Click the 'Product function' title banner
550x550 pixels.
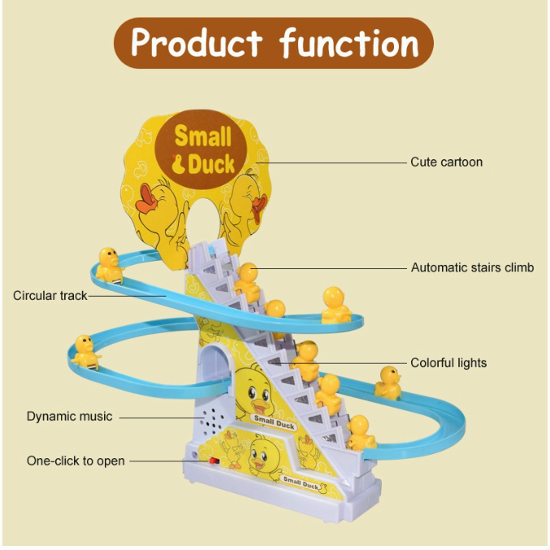pyautogui.click(x=274, y=42)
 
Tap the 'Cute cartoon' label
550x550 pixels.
pyautogui.click(x=446, y=162)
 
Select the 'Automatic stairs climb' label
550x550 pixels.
pyautogui.click(x=472, y=267)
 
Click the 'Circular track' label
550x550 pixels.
pyautogui.click(x=50, y=296)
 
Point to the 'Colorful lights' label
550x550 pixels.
pyautogui.click(x=448, y=362)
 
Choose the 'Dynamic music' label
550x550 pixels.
pyautogui.click(x=69, y=416)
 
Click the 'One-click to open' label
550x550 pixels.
pyautogui.click(x=76, y=461)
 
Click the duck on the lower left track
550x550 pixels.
pyautogui.click(x=84, y=352)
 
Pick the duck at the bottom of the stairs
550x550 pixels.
pyautogui.click(x=359, y=431)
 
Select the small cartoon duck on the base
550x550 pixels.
pyautogui.click(x=264, y=455)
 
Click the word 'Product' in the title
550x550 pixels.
pyautogui.click(x=197, y=42)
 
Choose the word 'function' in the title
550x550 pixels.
pyautogui.click(x=349, y=42)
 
